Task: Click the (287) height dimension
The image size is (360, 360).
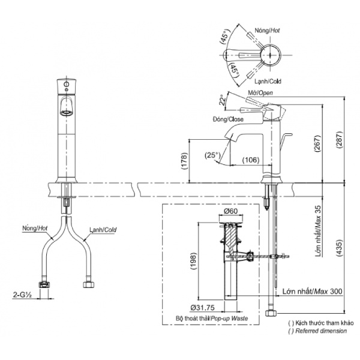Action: [340, 140]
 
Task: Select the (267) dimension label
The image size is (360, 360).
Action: [317, 143]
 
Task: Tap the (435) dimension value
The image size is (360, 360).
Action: [340, 248]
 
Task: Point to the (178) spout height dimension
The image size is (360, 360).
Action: [185, 161]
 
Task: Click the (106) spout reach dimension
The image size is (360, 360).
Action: [251, 160]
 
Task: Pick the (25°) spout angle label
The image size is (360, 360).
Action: [212, 155]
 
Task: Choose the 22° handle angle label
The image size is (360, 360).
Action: [223, 100]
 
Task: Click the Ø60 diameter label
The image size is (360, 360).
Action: [231, 211]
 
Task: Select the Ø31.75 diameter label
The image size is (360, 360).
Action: [203, 307]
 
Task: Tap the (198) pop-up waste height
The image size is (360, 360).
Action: [193, 261]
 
